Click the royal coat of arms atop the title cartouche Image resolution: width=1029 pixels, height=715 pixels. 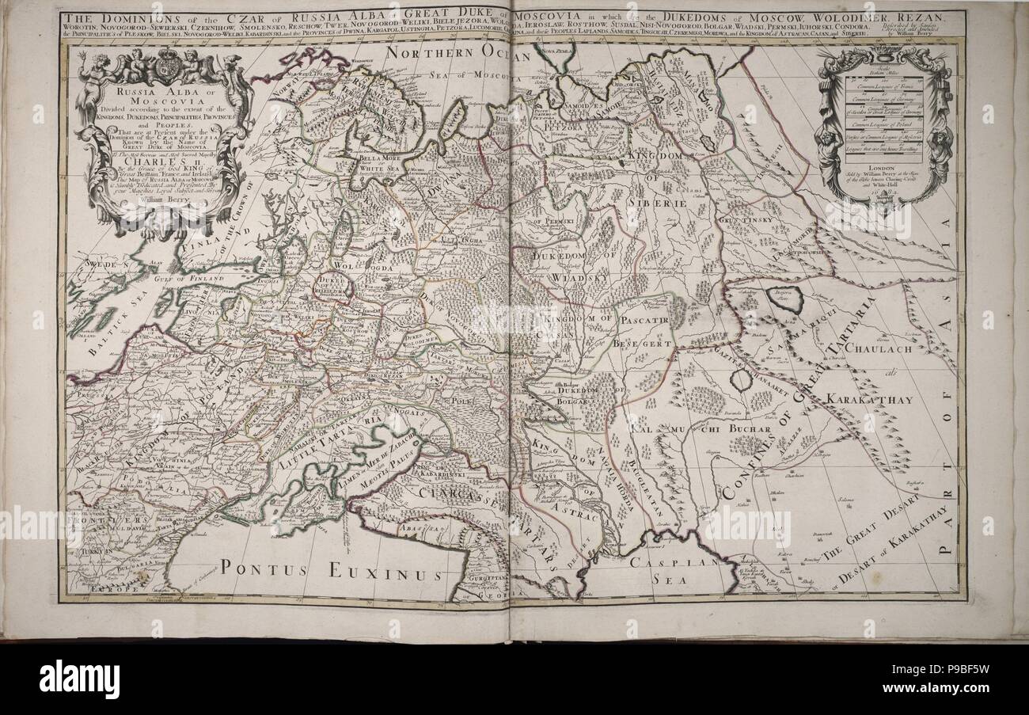pyautogui.click(x=166, y=60)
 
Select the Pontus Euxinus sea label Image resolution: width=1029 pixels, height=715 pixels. pyautogui.click(x=332, y=568)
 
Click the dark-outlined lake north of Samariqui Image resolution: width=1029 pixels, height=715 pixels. pyautogui.click(x=783, y=299)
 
